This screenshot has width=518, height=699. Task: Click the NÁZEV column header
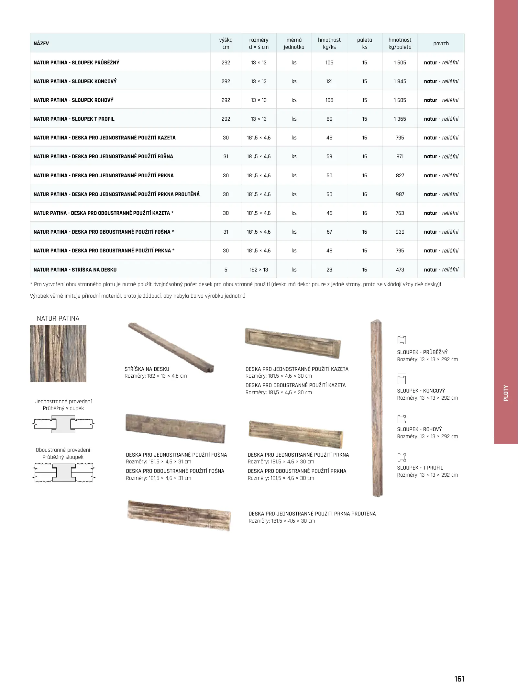coord(41,43)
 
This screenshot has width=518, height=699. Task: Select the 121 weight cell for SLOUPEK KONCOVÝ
coord(329,81)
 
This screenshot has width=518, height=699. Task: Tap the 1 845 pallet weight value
coord(400,81)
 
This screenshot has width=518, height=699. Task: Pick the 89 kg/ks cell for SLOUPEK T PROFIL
coord(329,119)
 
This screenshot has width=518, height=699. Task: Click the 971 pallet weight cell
coord(400,156)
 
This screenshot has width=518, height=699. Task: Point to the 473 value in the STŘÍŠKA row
coord(400,270)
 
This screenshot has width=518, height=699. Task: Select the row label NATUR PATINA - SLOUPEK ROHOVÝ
coord(73,100)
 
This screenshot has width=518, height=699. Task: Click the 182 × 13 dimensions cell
coord(259,270)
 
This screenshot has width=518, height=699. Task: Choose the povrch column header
coord(441,43)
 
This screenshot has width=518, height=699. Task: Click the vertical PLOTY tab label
coord(506,393)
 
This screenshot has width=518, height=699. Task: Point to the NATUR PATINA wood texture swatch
coord(58,353)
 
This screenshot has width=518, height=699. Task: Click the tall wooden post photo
coord(377,408)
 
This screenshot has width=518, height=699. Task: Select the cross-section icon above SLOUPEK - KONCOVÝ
coord(401,380)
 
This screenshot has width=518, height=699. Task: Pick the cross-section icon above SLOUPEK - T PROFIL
coord(401,457)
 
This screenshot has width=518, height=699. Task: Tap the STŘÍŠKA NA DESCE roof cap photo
coord(171,347)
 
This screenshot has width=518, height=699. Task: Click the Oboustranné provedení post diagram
coord(64,472)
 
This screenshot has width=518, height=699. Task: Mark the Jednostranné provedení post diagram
coord(63,424)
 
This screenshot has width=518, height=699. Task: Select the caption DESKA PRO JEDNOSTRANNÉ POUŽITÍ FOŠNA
coord(176,455)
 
